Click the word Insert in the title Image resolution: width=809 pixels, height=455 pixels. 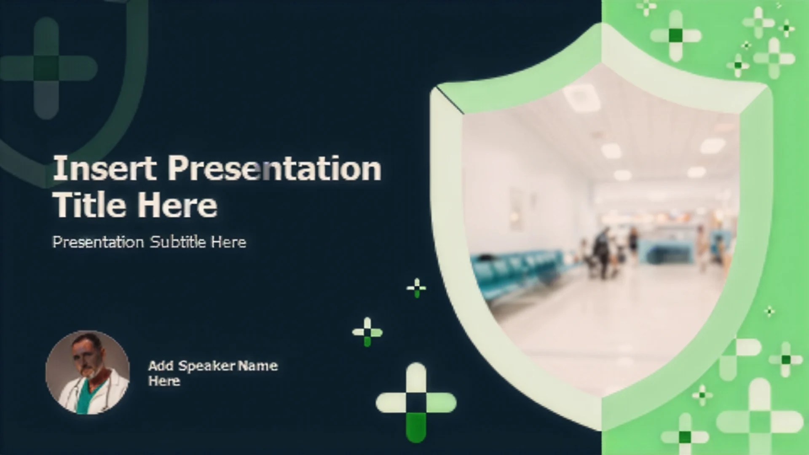coord(104,168)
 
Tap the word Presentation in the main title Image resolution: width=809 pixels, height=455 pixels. coord(275,169)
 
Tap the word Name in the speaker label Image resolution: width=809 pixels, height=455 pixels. coord(257,365)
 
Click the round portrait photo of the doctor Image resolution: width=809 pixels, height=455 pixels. coord(88,372)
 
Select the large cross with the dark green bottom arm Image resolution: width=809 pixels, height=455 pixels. coord(416,403)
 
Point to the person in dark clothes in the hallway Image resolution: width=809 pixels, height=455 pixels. coord(603,253)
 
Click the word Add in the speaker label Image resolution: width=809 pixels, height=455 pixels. coord(161,365)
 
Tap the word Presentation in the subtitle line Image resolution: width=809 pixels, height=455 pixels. coord(98,242)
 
